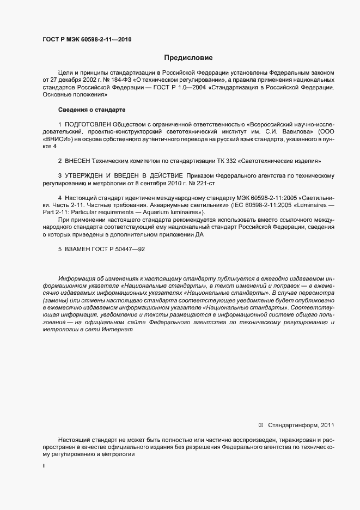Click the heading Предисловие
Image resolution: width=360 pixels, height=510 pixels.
[188, 58]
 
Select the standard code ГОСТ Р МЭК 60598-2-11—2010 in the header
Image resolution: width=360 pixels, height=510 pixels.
[87, 39]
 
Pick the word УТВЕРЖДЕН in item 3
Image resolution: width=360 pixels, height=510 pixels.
[87, 176]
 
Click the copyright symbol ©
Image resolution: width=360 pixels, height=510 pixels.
[260, 424]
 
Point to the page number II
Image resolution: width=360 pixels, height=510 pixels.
[44, 467]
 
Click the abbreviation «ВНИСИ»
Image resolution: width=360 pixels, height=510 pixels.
[57, 140]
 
